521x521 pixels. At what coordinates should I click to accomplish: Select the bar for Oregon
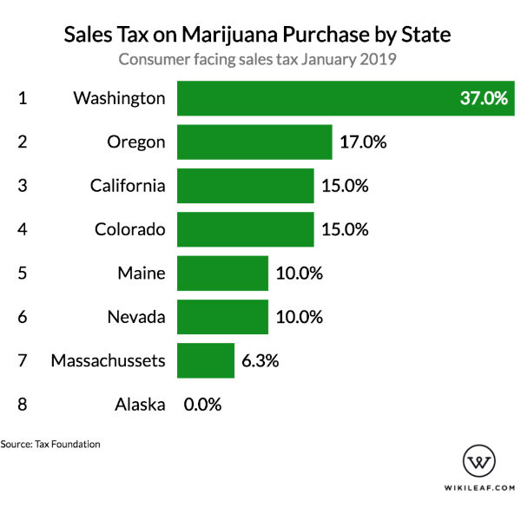(254, 142)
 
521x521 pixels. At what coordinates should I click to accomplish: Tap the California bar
(245, 186)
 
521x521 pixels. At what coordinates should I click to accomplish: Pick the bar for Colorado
(245, 230)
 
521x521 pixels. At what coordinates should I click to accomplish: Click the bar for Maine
(222, 274)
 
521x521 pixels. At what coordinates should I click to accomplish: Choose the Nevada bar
(222, 317)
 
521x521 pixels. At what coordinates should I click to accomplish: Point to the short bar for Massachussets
(206, 360)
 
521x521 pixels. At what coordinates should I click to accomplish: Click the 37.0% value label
(483, 98)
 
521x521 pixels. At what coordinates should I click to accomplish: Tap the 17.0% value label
(363, 142)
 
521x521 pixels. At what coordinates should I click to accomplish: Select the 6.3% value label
(260, 360)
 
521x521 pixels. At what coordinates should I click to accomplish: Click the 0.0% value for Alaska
(202, 404)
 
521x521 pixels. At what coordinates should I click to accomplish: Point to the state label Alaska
(140, 404)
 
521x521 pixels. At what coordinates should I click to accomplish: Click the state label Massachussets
(108, 360)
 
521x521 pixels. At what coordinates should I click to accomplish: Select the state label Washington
(119, 98)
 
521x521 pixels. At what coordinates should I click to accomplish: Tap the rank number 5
(23, 274)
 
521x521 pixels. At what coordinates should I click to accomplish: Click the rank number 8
(23, 404)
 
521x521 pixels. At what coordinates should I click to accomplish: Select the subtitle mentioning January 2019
(258, 60)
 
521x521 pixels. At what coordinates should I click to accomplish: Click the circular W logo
(479, 461)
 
